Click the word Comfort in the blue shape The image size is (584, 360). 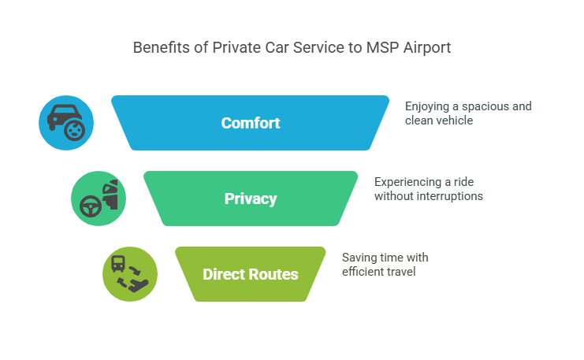click(x=251, y=123)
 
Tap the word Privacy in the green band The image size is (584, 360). click(x=251, y=199)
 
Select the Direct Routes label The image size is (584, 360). click(x=251, y=274)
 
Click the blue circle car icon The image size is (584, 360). click(x=66, y=123)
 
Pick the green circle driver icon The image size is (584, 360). click(x=99, y=199)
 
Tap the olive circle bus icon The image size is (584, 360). click(x=130, y=274)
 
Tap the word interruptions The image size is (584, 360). click(x=448, y=196)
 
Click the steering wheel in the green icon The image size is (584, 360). click(x=89, y=204)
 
